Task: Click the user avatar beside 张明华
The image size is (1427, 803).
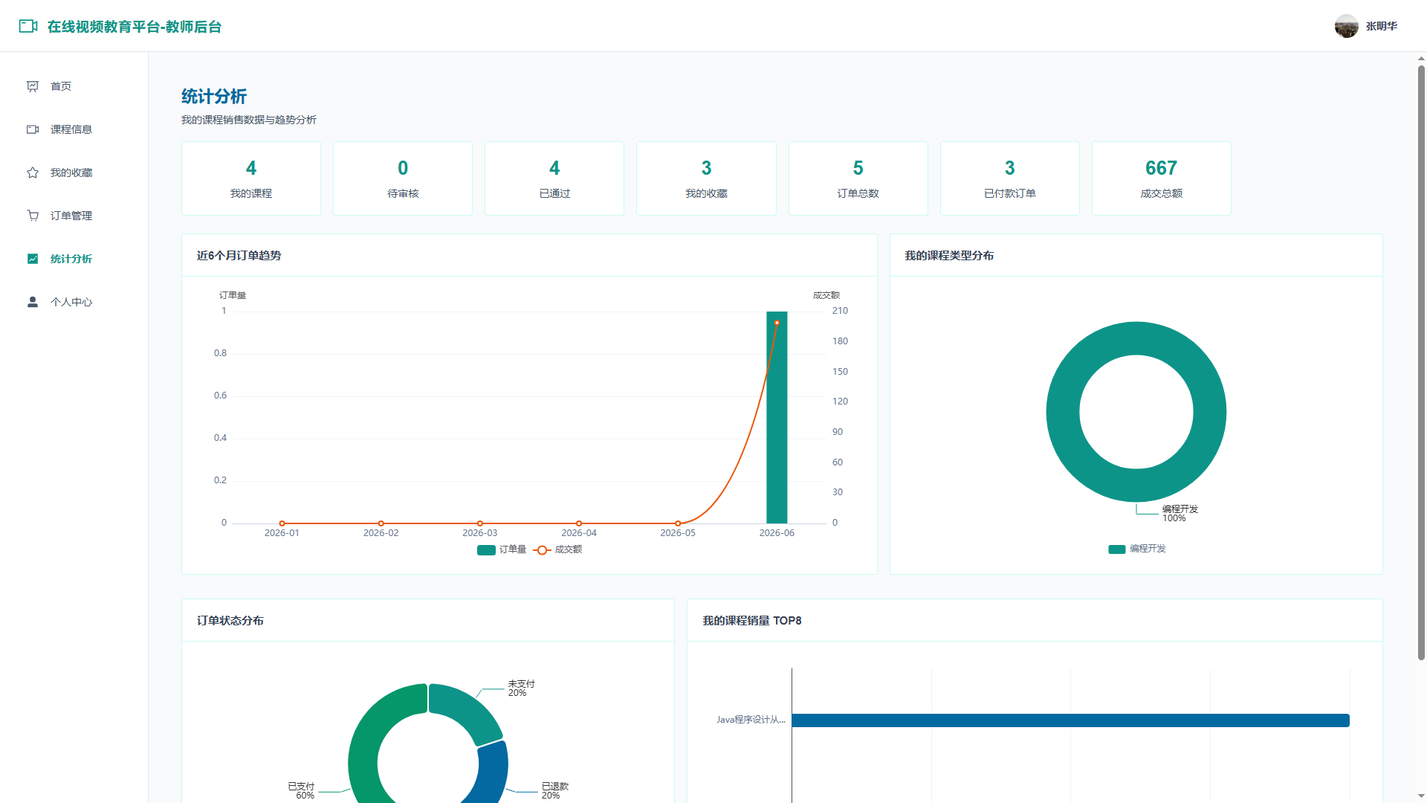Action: pos(1346,26)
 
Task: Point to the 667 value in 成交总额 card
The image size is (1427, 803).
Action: pos(1161,168)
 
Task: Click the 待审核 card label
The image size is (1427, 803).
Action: pos(403,193)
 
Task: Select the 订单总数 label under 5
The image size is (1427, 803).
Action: pos(858,193)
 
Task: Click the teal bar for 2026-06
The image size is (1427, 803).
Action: pos(777,417)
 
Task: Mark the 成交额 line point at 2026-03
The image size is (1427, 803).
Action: pos(480,523)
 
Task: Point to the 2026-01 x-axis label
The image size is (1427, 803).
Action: pos(282,533)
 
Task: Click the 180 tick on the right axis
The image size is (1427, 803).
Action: pos(840,341)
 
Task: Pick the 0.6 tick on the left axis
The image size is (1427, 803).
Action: pos(220,396)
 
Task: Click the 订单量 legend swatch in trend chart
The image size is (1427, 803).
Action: pos(486,550)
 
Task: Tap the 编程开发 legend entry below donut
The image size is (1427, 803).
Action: pos(1137,549)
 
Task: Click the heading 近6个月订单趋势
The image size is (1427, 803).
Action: pos(239,256)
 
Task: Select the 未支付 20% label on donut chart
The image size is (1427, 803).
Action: pos(521,688)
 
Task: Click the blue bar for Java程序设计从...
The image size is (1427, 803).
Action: pos(1070,720)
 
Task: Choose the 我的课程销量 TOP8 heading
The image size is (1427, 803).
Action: pos(752,621)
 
